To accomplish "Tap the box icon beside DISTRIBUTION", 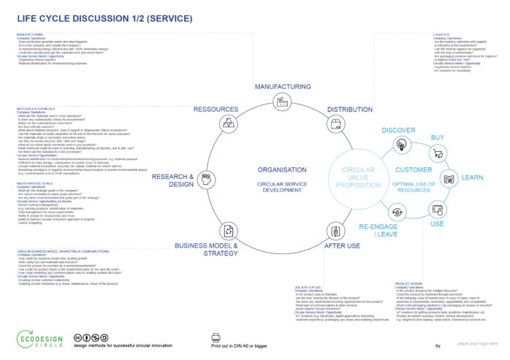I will (x=337, y=125).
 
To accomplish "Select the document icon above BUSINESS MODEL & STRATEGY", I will (x=228, y=231).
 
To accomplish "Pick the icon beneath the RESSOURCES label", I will (x=227, y=123).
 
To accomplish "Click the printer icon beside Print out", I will (x=216, y=337).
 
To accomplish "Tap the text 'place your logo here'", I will (x=477, y=342).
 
